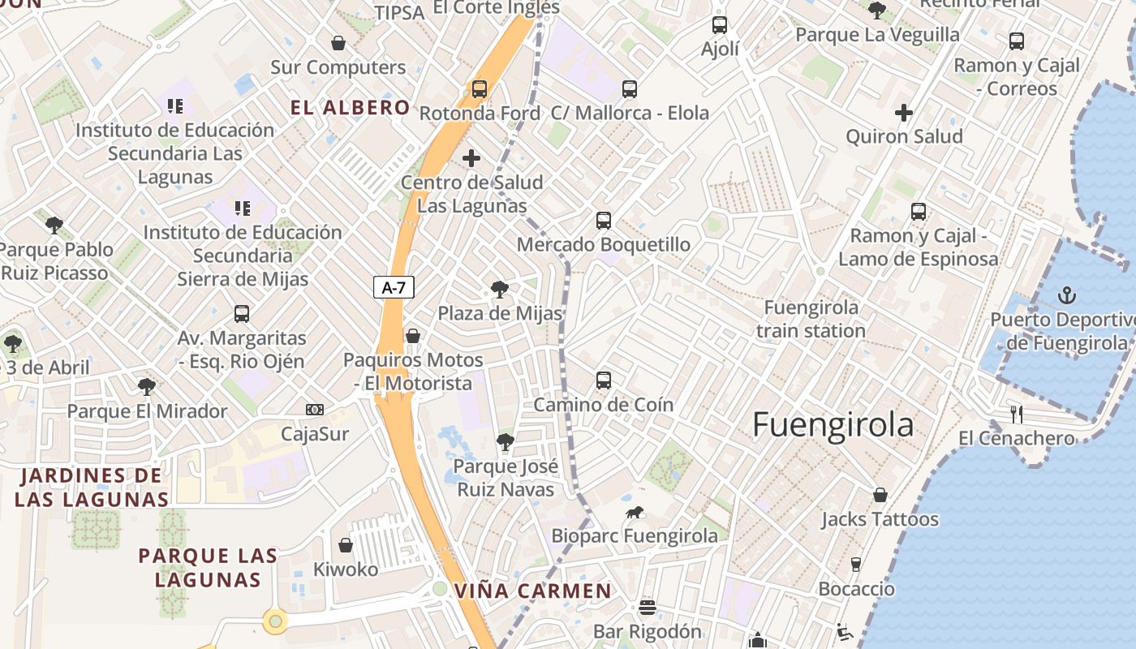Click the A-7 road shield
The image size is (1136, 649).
click(x=394, y=287)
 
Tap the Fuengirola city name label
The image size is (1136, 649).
click(x=833, y=425)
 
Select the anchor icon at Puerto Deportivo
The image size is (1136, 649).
click(x=1068, y=296)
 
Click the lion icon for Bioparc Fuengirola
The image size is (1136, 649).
click(x=635, y=512)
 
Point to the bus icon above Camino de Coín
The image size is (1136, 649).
click(x=604, y=380)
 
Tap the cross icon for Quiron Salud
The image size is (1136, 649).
click(x=904, y=113)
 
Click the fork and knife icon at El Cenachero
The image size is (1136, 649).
click(x=1016, y=414)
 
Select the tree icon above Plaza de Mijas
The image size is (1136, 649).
click(x=500, y=290)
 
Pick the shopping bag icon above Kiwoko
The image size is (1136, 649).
click(x=346, y=545)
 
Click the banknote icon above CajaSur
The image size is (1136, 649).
click(x=315, y=410)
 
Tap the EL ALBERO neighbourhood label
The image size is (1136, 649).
click(x=351, y=108)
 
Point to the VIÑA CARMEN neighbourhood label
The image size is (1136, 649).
click(x=532, y=591)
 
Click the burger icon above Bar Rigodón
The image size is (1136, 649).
click(x=647, y=607)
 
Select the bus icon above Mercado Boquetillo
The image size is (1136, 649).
click(x=604, y=220)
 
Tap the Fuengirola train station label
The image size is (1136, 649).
click(x=811, y=319)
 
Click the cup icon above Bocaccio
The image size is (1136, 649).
click(x=856, y=564)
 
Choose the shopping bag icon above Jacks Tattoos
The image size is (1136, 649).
click(x=880, y=495)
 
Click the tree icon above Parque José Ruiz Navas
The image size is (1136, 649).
click(x=506, y=442)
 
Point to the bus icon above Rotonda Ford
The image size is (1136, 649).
click(x=480, y=89)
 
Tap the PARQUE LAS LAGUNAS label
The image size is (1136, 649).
click(x=208, y=568)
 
